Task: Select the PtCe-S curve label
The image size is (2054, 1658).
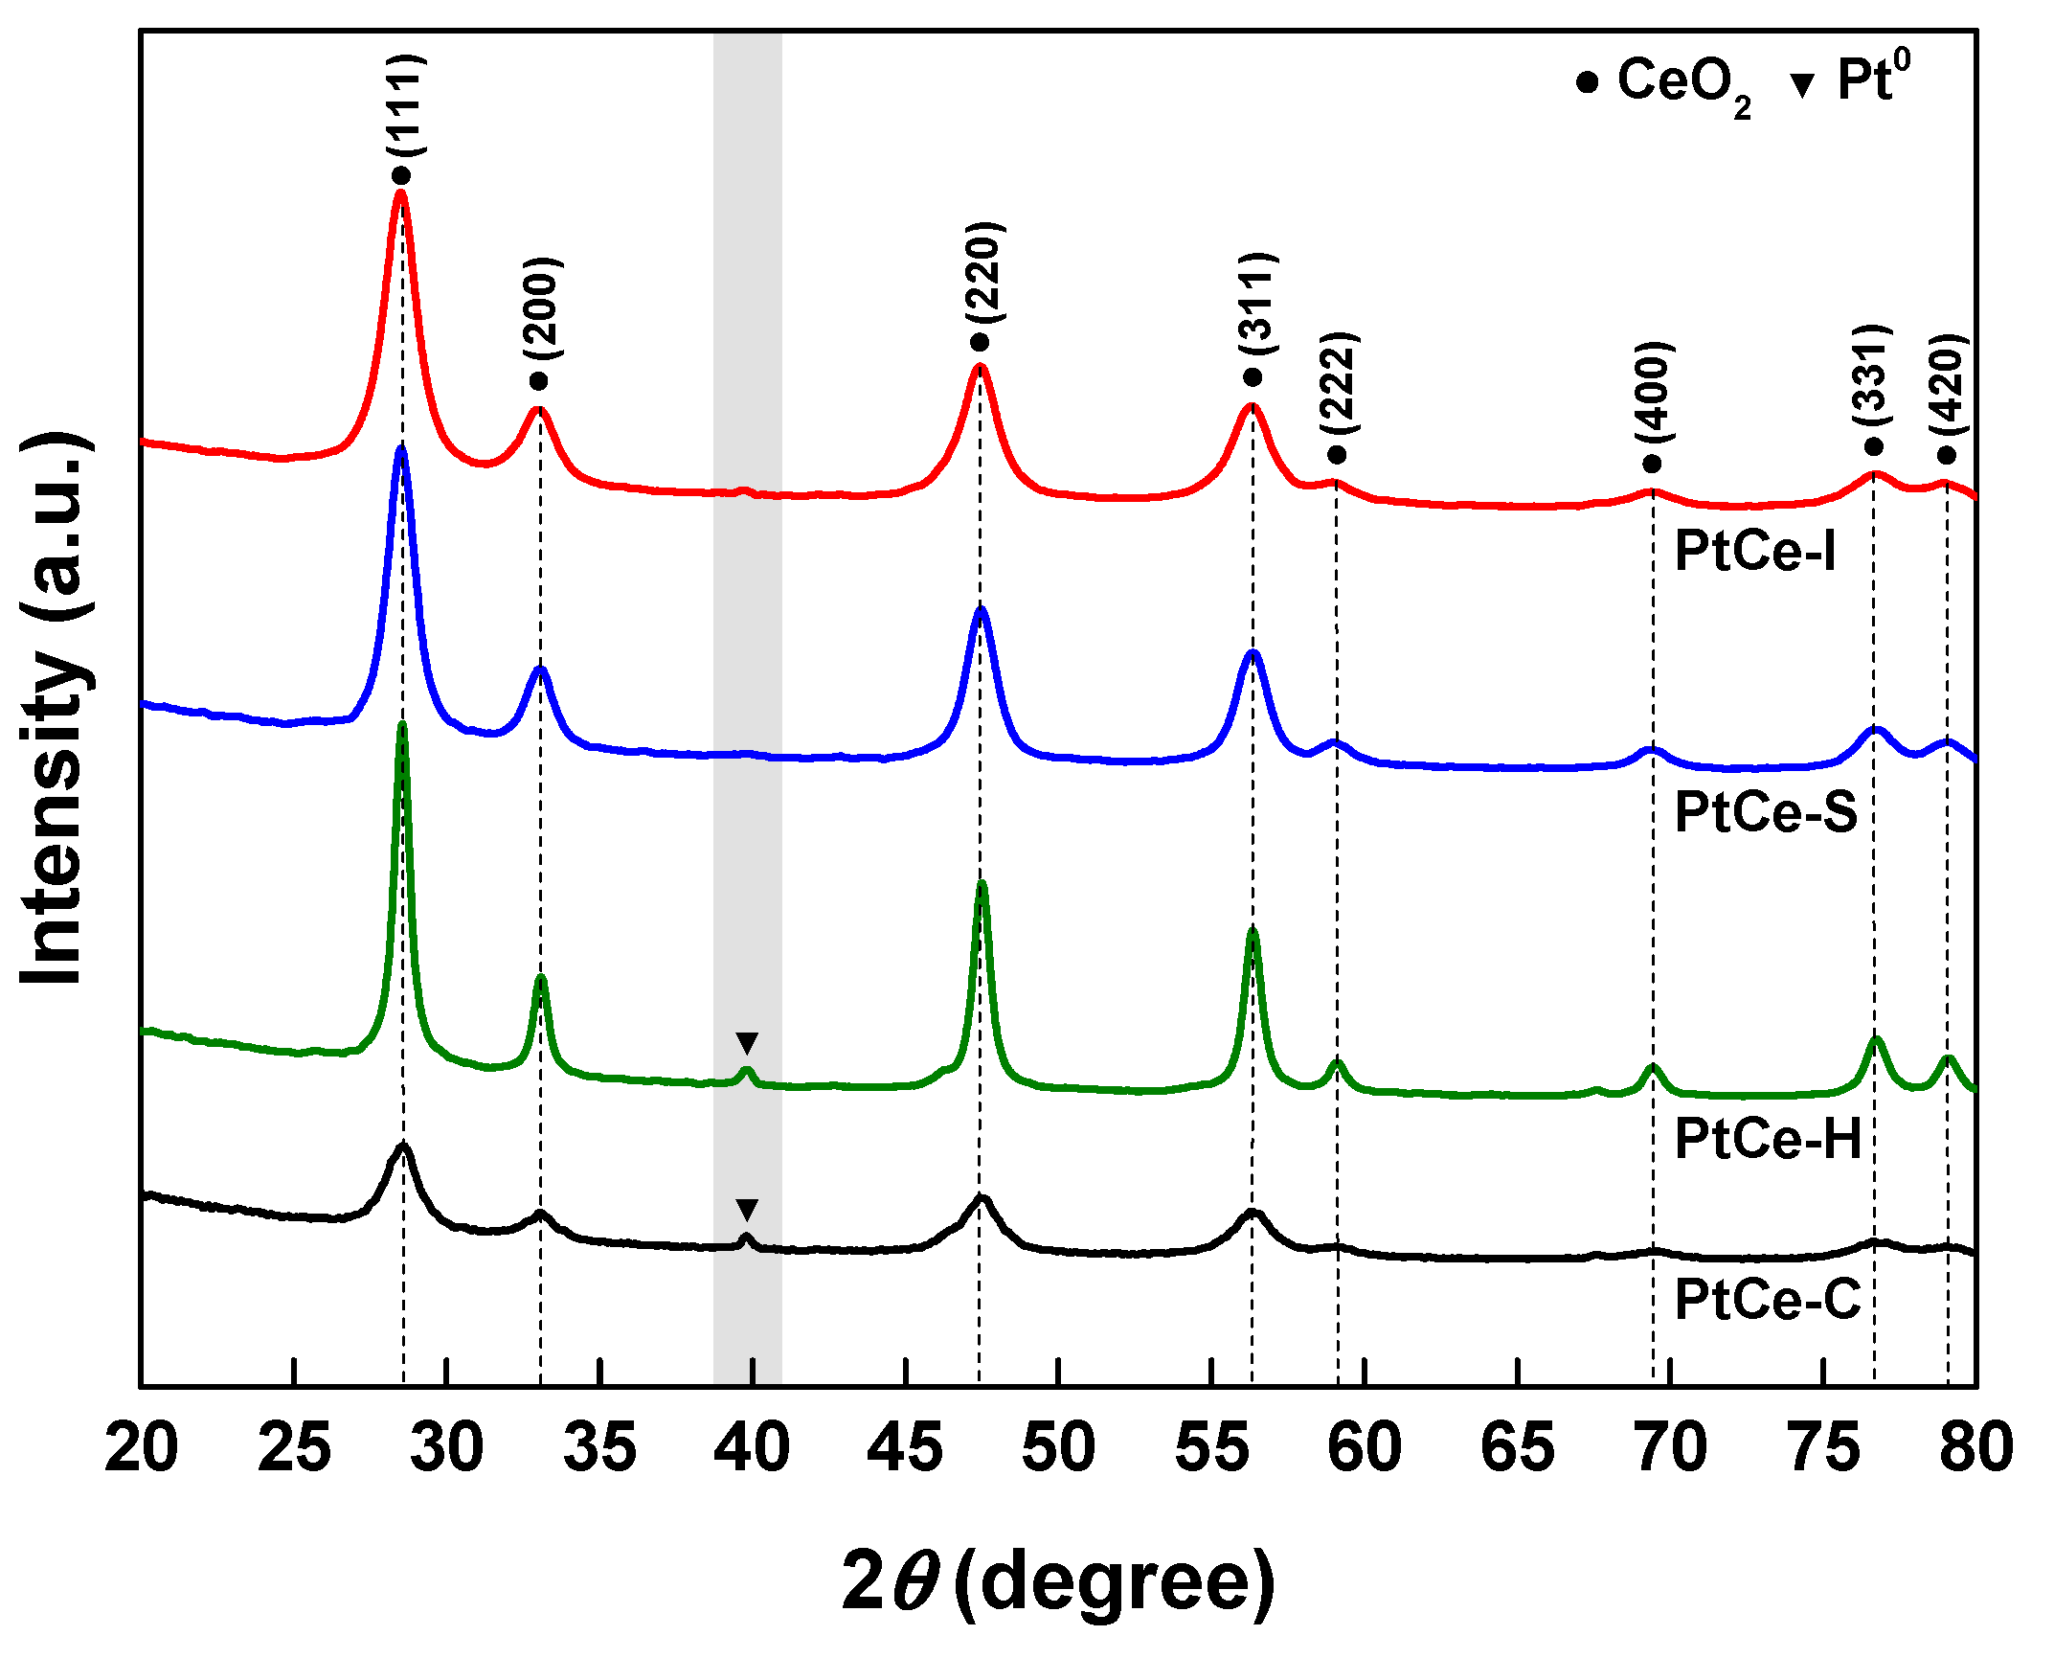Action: pos(1765,812)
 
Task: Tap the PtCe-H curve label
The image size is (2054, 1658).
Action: pos(1768,1139)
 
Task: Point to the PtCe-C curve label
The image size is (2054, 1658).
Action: pos(1767,1300)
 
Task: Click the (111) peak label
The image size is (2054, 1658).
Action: pos(405,105)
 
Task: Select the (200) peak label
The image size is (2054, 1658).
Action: pos(542,307)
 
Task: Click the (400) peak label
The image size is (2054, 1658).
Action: pos(1654,391)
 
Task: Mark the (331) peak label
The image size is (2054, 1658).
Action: pos(1872,375)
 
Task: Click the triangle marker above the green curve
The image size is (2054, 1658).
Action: pos(747,1042)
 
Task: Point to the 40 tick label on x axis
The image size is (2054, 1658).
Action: pos(752,1447)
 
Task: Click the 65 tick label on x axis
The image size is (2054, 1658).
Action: pos(1517,1447)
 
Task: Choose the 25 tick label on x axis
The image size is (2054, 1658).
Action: pos(294,1447)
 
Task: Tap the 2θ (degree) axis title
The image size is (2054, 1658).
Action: pos(1057,1581)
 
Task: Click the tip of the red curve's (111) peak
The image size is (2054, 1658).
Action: pos(400,193)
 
